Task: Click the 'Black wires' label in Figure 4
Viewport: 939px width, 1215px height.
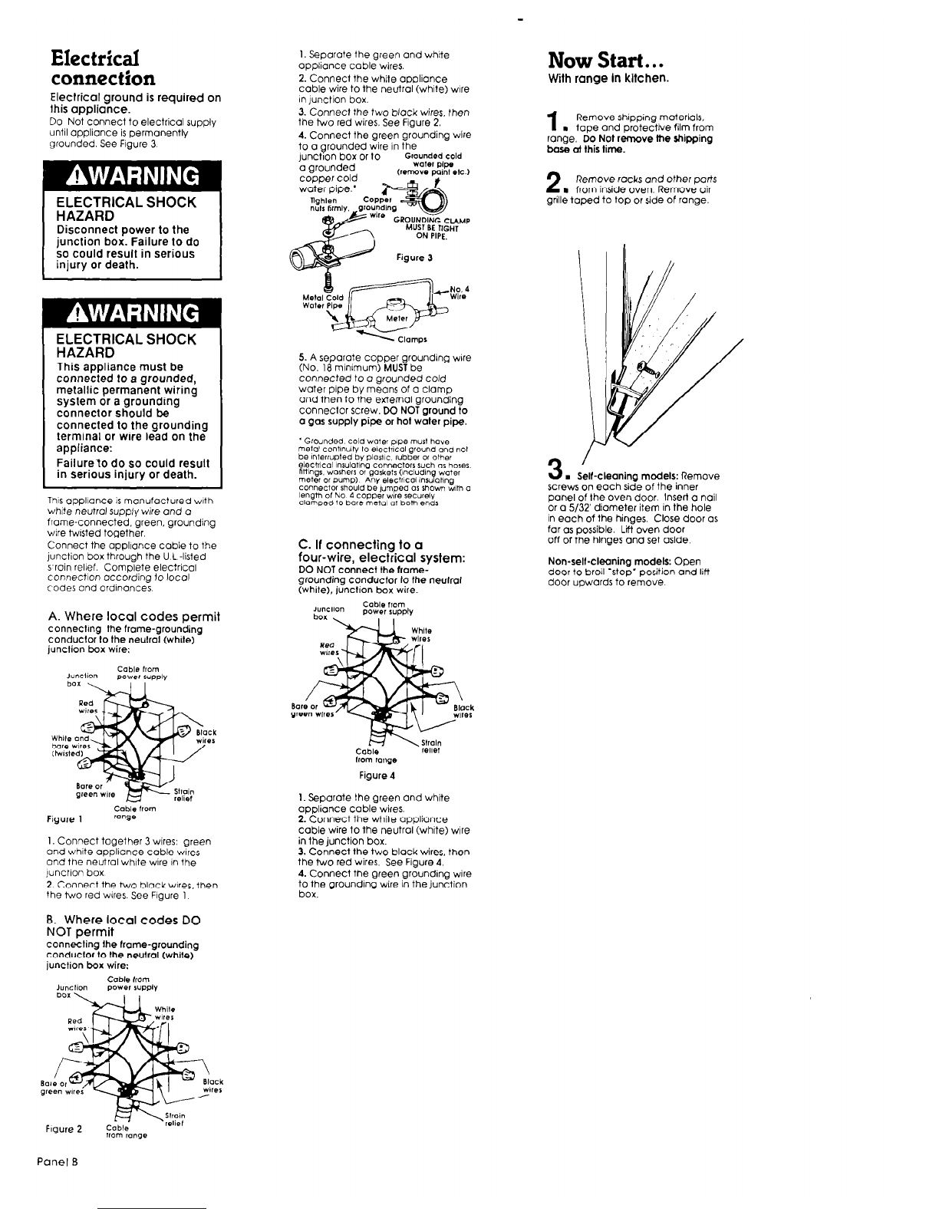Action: click(463, 712)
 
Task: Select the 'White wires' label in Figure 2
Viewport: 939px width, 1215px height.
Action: click(165, 1013)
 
